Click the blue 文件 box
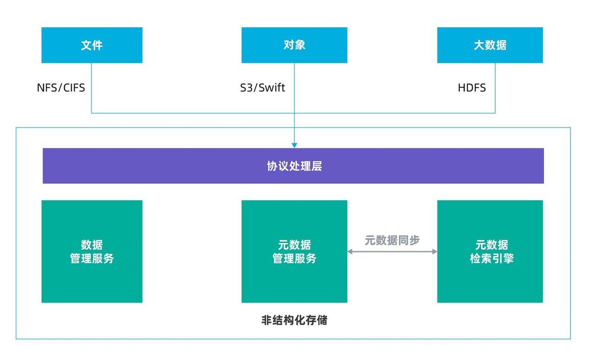92,45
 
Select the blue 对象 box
294,45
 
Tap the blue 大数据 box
490,45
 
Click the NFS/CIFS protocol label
61,88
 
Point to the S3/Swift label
259,88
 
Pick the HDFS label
472,88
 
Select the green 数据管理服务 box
92,251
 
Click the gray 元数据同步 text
392,240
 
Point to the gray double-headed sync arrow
392,252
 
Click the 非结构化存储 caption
294,321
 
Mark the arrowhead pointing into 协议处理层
294,145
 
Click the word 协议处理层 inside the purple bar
294,166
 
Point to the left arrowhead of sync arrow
350,252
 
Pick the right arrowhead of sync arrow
434,252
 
